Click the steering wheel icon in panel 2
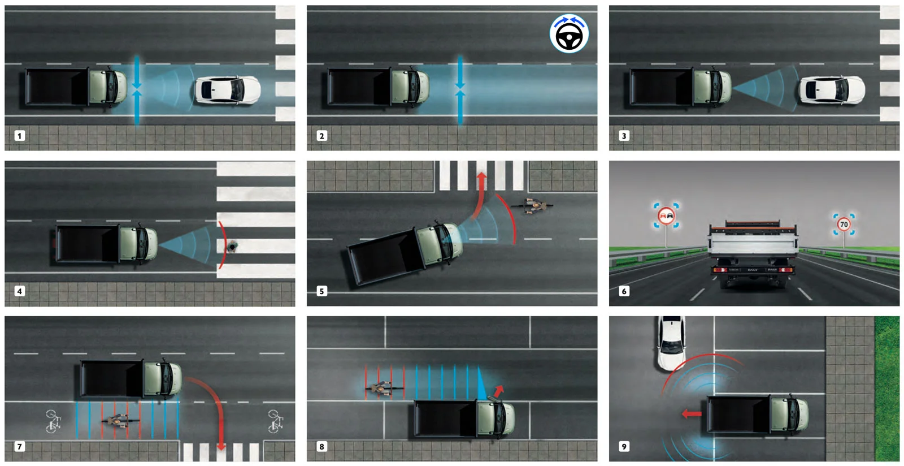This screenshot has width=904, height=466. pyautogui.click(x=569, y=34)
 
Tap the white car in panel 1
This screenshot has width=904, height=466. pyautogui.click(x=228, y=90)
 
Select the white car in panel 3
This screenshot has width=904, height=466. pyautogui.click(x=831, y=90)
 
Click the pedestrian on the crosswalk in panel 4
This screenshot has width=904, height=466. pyautogui.click(x=232, y=247)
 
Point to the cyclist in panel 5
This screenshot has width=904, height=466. pyautogui.click(x=532, y=206)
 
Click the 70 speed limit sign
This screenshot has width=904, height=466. pyautogui.click(x=844, y=225)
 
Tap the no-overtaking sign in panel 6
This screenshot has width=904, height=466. pyautogui.click(x=667, y=216)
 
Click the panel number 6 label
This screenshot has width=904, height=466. pyautogui.click(x=624, y=291)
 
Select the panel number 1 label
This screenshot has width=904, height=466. pyautogui.click(x=20, y=136)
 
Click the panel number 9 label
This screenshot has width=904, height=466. pyautogui.click(x=624, y=447)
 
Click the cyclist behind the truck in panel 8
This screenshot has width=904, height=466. pyautogui.click(x=382, y=389)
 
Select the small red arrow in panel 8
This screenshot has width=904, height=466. pyautogui.click(x=498, y=391)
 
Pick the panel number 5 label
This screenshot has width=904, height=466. pyautogui.click(x=321, y=291)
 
